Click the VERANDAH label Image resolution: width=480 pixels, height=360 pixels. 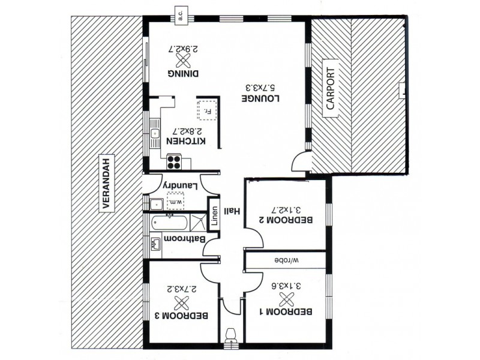pos(107,183)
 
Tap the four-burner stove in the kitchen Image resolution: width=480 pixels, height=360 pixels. pos(175,160)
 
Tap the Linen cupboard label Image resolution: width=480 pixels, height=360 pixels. pos(214,215)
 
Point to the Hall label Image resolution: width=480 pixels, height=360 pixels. pos(230,211)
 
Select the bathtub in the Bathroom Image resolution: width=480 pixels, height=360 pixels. pos(170,223)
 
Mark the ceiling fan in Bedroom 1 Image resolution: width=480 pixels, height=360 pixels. pos(289,296)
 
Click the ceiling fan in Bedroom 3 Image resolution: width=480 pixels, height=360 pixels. pos(178,300)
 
